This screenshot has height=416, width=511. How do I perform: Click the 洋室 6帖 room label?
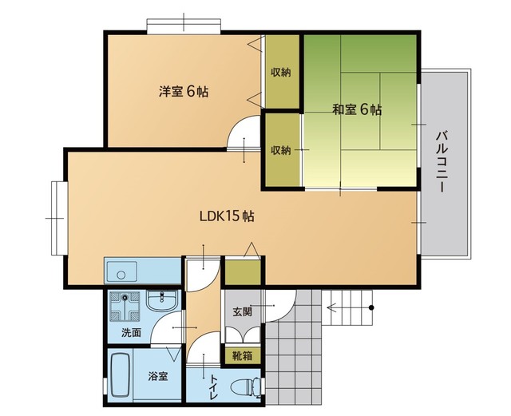184,92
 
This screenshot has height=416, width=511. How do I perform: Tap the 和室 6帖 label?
357,109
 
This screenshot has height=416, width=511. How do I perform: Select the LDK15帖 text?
227,216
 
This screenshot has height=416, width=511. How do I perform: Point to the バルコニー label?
442,161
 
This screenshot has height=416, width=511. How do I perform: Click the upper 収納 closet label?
281,73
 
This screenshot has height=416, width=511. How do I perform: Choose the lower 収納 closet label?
281,150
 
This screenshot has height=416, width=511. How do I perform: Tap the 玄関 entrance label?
243,312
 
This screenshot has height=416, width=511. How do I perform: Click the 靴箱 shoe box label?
242,355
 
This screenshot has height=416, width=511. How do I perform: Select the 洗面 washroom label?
131,332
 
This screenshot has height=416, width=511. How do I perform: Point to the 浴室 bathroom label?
158,377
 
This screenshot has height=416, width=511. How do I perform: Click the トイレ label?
214,387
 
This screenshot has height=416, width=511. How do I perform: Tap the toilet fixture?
246,387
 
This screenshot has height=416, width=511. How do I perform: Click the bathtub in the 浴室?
121,375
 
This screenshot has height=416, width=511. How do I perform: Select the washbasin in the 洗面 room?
161,300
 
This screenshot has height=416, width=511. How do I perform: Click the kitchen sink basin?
121,271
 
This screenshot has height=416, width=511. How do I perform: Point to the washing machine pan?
125,307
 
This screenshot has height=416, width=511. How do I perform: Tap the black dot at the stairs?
371,307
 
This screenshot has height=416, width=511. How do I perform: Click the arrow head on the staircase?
331,307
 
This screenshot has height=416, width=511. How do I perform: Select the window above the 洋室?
184,26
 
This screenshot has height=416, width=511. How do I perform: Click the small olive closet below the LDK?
243,272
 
